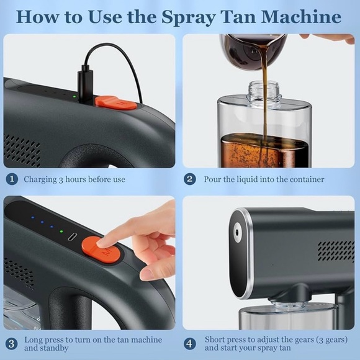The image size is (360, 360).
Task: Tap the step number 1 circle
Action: [x=11, y=179]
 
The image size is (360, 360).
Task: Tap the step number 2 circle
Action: [x=191, y=179]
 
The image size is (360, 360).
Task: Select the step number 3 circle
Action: [x=11, y=344]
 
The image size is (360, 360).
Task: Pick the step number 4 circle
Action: [x=191, y=344]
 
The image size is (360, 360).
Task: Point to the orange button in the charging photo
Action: [x=115, y=102]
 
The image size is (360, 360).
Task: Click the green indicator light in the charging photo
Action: [x=74, y=96]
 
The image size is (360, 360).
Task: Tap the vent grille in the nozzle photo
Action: [x=335, y=250]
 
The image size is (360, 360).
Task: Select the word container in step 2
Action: [x=304, y=179]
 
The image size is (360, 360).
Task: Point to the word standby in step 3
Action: [x=40, y=349]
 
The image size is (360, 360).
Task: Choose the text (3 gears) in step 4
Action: [x=328, y=340]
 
